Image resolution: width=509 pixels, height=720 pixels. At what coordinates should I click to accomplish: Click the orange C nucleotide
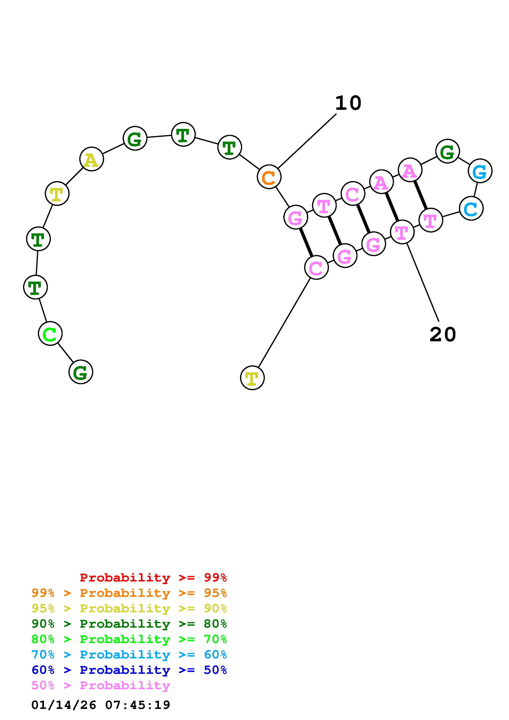(x=269, y=177)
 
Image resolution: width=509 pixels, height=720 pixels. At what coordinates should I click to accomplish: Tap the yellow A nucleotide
(x=92, y=159)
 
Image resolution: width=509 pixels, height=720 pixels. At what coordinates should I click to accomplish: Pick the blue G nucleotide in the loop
(x=480, y=171)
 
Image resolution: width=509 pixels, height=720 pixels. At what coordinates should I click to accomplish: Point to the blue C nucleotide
(x=471, y=209)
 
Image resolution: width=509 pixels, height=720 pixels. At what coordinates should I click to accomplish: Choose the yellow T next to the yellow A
(x=57, y=194)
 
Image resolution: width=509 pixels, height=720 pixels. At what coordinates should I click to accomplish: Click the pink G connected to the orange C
(x=295, y=217)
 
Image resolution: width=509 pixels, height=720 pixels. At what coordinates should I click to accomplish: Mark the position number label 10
(x=348, y=103)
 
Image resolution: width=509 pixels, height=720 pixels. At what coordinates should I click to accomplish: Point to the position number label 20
(x=442, y=334)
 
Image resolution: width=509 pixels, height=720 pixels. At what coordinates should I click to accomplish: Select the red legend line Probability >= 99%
(x=153, y=577)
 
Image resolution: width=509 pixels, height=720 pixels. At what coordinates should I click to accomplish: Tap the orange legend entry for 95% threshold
(x=129, y=593)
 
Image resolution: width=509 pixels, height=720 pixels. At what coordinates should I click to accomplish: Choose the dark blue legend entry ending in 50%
(x=129, y=670)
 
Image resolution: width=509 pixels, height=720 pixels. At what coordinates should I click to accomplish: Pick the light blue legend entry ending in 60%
(x=129, y=655)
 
